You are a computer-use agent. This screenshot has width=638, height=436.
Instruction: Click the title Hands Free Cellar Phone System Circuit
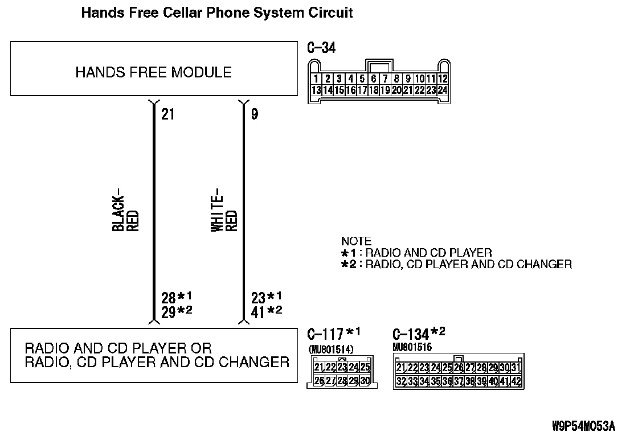(217, 13)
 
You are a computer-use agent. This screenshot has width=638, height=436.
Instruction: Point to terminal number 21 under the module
(167, 114)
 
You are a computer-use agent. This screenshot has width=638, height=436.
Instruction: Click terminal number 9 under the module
(254, 114)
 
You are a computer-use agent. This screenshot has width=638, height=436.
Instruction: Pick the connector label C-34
(321, 48)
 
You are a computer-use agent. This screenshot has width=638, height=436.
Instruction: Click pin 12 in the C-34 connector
(443, 79)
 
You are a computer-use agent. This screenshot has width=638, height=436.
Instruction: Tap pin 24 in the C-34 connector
(443, 90)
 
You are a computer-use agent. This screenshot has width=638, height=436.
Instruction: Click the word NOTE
(356, 241)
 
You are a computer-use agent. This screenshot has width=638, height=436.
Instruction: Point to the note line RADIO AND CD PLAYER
(428, 253)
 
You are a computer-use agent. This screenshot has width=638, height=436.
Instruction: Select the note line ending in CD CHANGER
(468, 264)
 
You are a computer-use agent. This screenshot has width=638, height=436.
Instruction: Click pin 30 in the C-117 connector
(365, 380)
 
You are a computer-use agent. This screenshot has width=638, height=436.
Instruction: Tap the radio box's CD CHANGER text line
(157, 362)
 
